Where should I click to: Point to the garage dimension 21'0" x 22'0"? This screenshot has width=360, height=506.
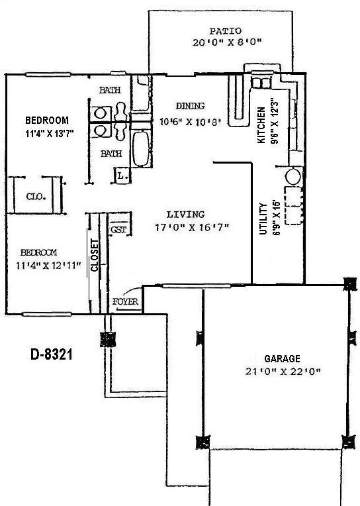281,372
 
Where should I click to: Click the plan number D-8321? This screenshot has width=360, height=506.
51,354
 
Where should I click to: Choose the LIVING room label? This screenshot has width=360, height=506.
185,215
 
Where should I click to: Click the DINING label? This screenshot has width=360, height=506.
190,106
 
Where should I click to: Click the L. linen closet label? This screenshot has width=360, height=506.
122,176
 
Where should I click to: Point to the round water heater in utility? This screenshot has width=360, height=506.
293,177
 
